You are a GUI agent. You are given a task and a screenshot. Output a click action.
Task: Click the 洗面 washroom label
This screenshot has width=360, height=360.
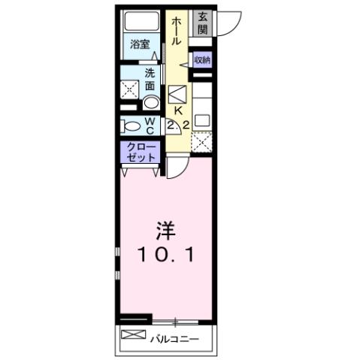click(x=150, y=80)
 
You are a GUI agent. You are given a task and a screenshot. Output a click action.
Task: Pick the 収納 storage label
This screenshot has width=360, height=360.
click(x=202, y=60)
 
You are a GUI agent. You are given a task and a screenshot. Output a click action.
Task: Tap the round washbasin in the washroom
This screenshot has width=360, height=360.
click(x=150, y=102)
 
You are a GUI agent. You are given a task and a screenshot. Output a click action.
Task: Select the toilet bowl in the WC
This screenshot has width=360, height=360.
click(x=129, y=126)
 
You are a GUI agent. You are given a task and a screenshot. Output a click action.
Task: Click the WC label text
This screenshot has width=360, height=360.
click(x=149, y=125)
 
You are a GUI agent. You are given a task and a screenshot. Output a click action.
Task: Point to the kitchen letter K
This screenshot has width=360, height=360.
click(x=178, y=110)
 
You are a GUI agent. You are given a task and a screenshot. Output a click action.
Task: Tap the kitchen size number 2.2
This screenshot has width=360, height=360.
click(x=178, y=126)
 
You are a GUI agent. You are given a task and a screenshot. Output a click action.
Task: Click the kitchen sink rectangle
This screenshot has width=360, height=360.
click(x=202, y=119)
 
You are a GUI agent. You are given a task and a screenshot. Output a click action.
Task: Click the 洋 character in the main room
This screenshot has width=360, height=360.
click(x=166, y=228)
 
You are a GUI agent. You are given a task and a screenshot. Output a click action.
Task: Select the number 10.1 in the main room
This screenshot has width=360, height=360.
click(x=166, y=256)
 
